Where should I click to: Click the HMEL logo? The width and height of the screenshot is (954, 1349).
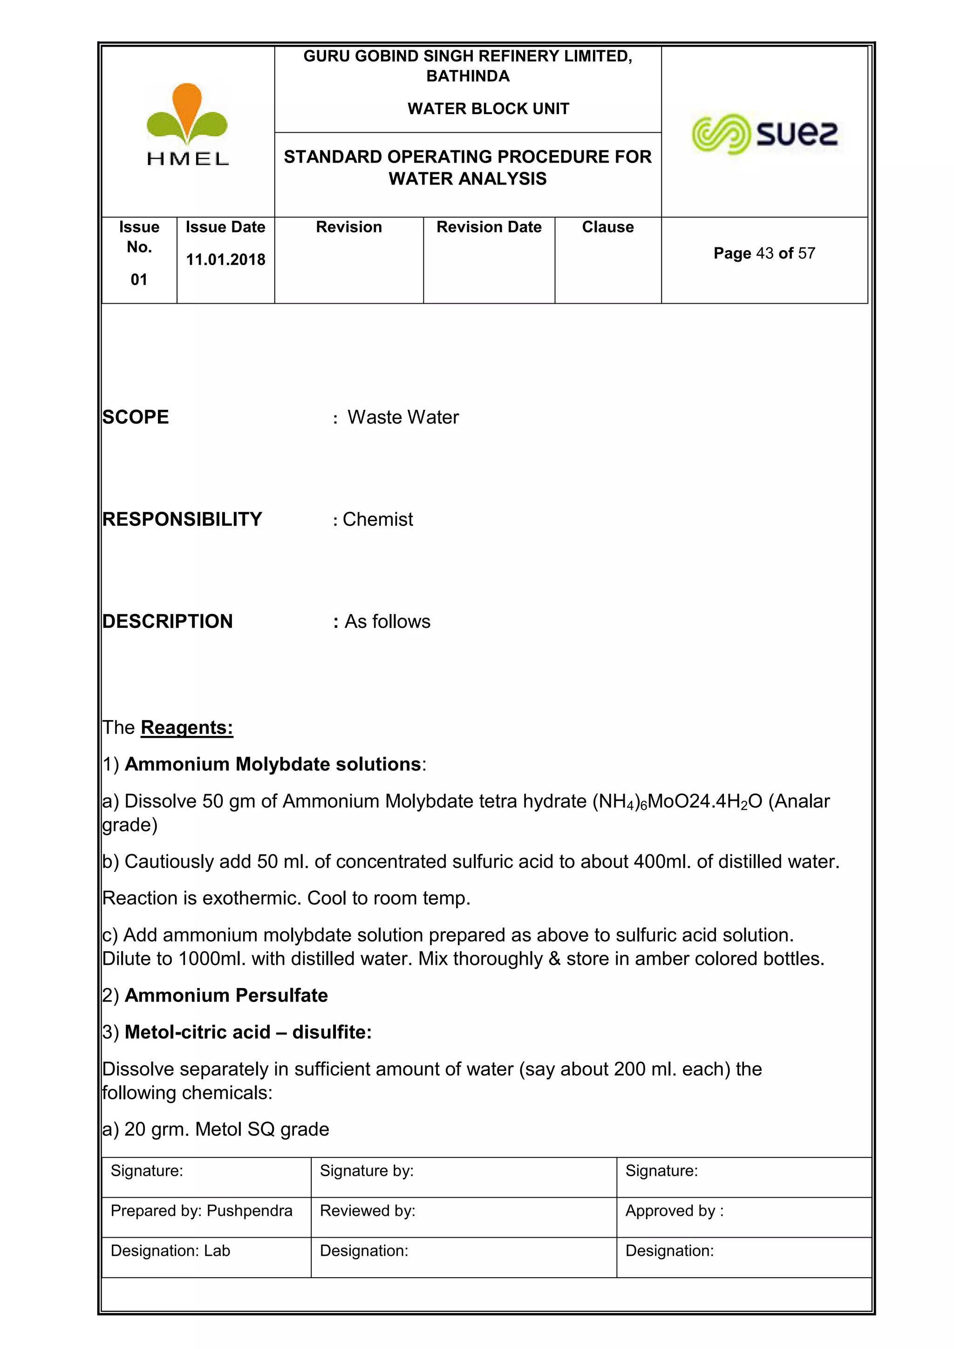point(187,124)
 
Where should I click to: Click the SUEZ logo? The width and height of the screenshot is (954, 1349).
point(765,134)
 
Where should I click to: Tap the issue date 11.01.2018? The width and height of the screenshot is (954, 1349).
point(225,260)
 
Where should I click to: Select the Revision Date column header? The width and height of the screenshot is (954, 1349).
point(489,227)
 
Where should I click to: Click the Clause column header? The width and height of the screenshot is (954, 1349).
point(607,227)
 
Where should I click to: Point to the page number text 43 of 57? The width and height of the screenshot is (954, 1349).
point(764,253)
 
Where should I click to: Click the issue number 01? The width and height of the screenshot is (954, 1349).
point(139,279)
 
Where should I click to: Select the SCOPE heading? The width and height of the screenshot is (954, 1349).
point(136,417)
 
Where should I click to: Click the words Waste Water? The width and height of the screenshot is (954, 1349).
point(403,417)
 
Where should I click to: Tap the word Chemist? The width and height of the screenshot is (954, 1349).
point(378,519)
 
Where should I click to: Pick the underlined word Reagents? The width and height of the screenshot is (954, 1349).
point(187,728)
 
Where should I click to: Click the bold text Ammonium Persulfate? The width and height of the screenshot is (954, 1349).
point(226,995)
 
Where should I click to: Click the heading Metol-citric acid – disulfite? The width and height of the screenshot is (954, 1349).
point(248,1032)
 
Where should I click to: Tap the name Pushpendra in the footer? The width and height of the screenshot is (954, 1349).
point(250,1211)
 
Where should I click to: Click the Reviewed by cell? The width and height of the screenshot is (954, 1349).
point(368,1211)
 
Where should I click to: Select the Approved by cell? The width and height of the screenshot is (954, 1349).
point(675,1211)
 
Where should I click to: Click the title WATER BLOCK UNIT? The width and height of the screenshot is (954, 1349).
point(488,109)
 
